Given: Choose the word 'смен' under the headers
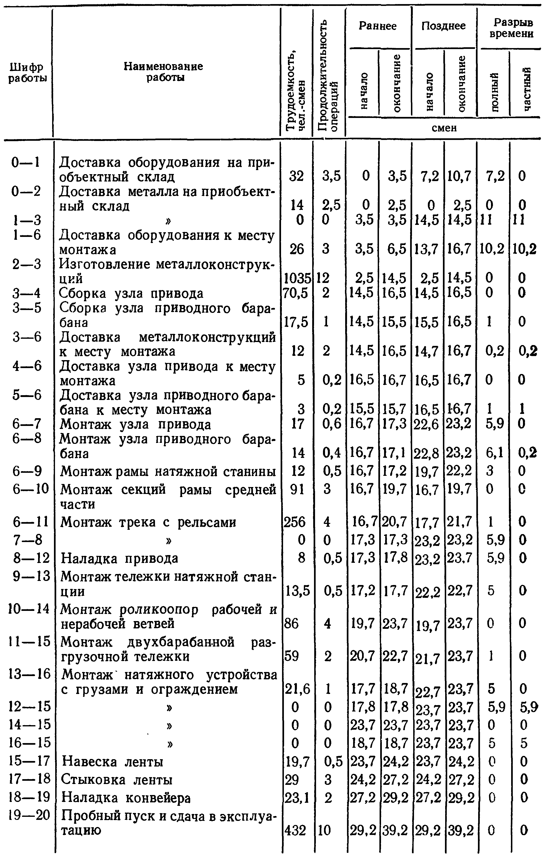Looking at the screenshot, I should [x=444, y=128].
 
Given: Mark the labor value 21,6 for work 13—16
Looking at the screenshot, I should [x=297, y=688].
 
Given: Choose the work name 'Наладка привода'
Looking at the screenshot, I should [x=119, y=558].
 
